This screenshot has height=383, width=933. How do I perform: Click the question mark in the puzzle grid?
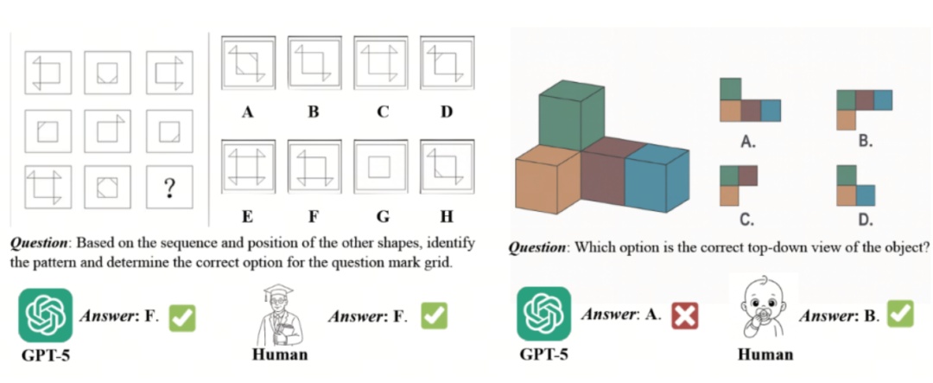pos(170,187)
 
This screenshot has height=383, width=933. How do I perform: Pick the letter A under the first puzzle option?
pos(247,112)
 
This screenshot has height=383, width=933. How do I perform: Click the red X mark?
pos(684,316)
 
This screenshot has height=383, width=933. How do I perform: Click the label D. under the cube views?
pos(865,217)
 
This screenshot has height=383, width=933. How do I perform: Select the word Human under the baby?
pos(765,354)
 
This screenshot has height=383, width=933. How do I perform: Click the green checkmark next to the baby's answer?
pos(900,314)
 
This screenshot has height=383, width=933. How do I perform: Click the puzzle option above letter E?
pos(247,166)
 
